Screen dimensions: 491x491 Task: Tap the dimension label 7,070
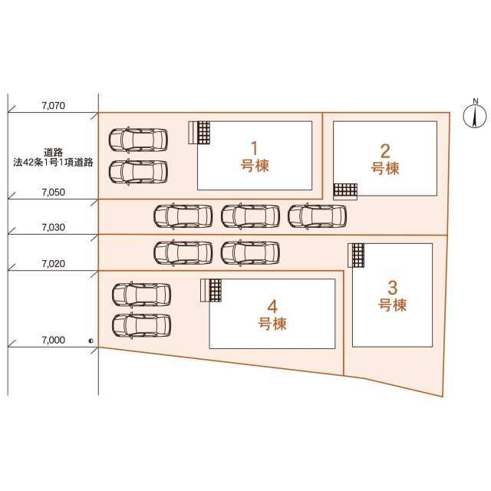(54, 106)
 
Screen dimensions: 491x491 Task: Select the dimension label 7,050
(54, 193)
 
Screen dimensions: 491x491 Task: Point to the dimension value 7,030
(54, 227)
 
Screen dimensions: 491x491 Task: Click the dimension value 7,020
(54, 264)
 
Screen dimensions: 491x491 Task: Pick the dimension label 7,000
(54, 340)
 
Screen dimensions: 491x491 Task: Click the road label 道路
(53, 153)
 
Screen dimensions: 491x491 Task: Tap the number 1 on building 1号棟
(255, 148)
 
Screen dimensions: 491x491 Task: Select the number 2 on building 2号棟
(385, 151)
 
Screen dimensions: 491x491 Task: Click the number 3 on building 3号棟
(392, 288)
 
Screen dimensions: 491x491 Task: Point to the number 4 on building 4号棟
(272, 307)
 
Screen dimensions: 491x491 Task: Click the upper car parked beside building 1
(138, 140)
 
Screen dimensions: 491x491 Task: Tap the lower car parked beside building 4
(141, 325)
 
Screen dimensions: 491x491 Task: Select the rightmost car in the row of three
(317, 216)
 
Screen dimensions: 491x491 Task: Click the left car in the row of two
(183, 252)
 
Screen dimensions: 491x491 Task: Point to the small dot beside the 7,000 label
(91, 341)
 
